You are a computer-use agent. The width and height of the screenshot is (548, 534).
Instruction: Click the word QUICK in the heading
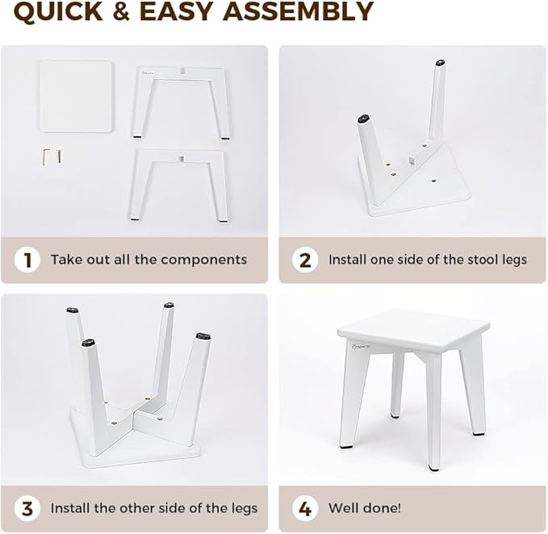[x=56, y=12]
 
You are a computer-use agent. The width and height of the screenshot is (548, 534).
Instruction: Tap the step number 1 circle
[x=27, y=260]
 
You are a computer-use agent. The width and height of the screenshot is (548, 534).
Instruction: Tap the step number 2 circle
[x=305, y=260]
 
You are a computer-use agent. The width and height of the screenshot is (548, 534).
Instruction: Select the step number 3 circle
[x=27, y=508]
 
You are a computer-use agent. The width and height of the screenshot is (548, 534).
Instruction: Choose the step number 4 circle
[x=305, y=508]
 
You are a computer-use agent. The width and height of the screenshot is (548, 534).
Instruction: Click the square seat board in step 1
[x=77, y=96]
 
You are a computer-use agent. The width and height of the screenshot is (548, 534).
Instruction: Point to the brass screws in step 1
[x=52, y=156]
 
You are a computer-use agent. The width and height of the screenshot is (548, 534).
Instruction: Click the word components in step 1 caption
[x=203, y=260]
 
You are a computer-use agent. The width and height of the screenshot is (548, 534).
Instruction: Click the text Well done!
[x=365, y=508]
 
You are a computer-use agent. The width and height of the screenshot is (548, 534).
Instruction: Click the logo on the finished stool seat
[x=362, y=348]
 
